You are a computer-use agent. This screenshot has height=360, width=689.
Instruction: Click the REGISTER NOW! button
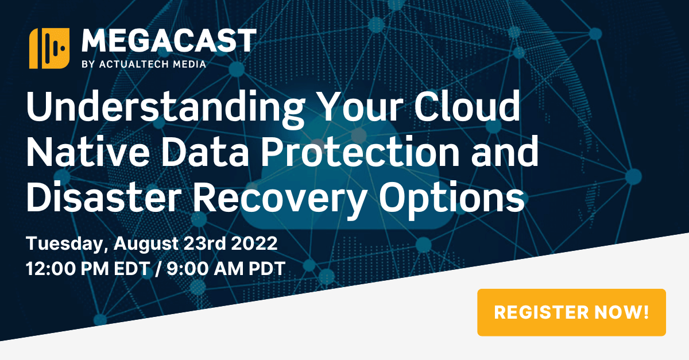[571, 312]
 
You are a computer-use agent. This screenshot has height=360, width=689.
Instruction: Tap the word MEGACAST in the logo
[169, 41]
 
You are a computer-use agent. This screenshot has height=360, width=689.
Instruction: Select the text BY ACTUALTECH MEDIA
[144, 64]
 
